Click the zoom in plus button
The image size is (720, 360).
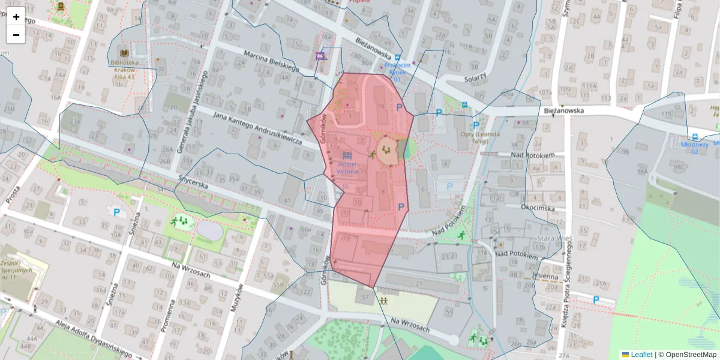tap(16, 16)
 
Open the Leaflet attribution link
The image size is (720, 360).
tap(641, 355)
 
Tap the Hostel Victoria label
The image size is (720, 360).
tap(347, 167)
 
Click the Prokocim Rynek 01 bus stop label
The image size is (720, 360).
tap(397, 71)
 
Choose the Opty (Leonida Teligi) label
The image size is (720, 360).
tap(479, 137)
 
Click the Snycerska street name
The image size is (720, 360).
tap(193, 182)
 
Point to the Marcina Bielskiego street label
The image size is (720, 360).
tap(271, 61)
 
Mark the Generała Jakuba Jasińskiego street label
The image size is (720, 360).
tap(191, 120)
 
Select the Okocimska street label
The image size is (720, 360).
tap(538, 207)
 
